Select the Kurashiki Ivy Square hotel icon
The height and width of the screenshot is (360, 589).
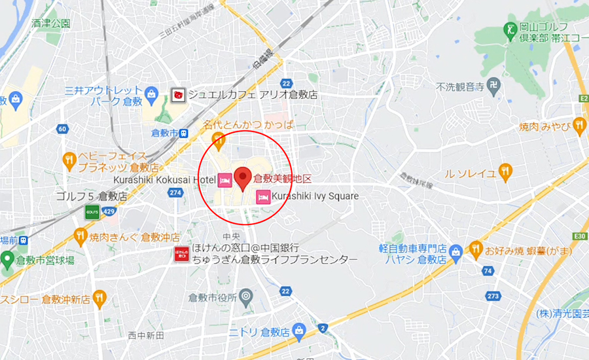262,196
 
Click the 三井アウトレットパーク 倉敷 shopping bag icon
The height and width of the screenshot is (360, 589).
151,94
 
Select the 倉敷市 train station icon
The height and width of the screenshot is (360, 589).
184,133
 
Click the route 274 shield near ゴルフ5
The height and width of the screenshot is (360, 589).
175,192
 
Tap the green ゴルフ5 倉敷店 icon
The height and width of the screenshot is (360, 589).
92,211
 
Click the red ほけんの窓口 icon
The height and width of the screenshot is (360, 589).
182,255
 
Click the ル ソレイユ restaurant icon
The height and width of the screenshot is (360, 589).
505,171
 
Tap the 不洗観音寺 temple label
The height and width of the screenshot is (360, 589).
460,86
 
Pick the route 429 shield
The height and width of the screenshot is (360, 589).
109,213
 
